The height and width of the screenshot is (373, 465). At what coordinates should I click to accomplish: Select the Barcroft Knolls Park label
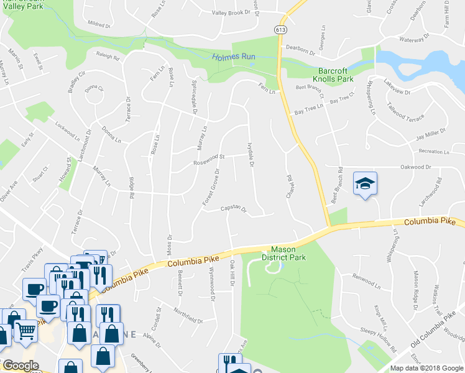(x=336, y=75)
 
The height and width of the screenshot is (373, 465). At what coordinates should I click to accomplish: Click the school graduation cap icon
(x=365, y=183)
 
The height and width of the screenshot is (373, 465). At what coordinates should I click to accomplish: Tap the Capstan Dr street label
(x=234, y=210)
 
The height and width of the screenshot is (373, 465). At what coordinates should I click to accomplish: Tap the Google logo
(x=21, y=366)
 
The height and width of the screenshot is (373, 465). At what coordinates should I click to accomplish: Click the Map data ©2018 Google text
(x=426, y=368)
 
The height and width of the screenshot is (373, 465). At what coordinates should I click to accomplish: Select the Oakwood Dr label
(x=416, y=167)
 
